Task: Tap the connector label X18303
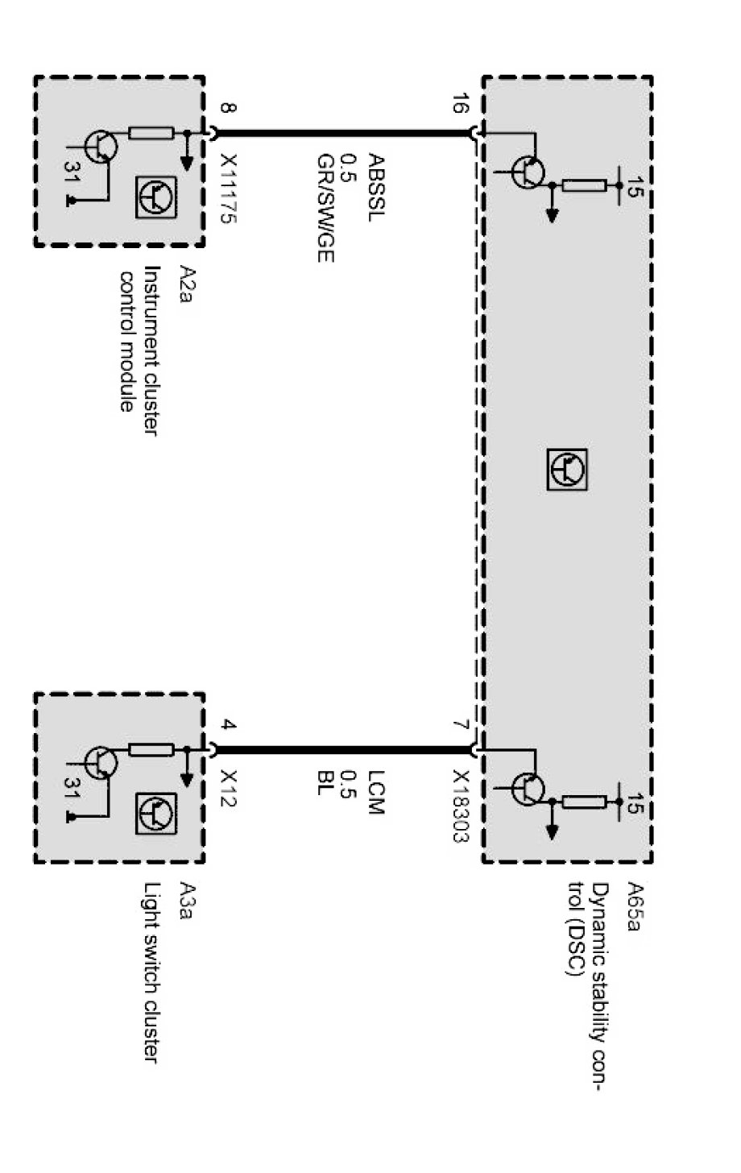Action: (460, 806)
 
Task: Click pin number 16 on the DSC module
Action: (460, 106)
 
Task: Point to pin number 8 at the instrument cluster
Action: (229, 107)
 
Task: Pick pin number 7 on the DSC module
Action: (460, 726)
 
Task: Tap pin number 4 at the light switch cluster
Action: (229, 726)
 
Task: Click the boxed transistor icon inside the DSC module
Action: (567, 470)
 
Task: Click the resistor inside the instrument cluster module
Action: (151, 133)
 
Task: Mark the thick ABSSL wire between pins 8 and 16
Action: (342, 133)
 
